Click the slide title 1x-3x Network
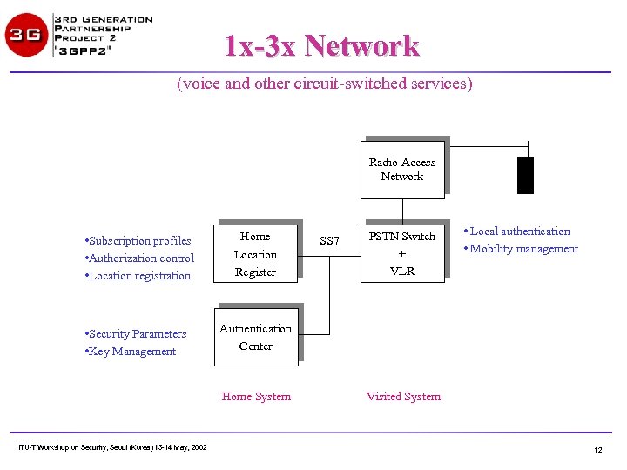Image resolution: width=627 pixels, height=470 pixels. click(321, 45)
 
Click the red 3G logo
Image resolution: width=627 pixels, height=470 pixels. click(27, 36)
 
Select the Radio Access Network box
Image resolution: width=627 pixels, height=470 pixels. click(402, 169)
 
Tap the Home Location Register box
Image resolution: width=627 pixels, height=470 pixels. click(255, 254)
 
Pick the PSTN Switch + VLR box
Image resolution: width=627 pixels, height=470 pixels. click(402, 253)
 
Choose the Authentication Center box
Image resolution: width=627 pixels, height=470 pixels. click(255, 337)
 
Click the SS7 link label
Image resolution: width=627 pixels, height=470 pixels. click(329, 241)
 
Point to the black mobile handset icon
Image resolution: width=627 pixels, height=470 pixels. click(525, 175)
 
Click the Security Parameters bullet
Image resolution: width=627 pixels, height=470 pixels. click(136, 334)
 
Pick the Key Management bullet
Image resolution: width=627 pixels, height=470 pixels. click(131, 352)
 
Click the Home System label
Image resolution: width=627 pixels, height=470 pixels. click(256, 397)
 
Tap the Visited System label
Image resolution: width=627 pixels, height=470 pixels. click(403, 397)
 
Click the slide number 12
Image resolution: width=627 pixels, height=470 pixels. click(597, 450)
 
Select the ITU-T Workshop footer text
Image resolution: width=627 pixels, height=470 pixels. click(112, 447)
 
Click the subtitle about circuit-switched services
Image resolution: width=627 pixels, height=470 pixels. click(324, 84)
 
